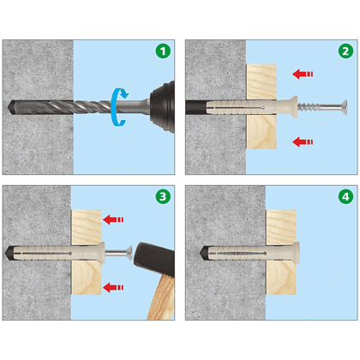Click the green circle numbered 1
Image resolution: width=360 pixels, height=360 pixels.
[x=163, y=51]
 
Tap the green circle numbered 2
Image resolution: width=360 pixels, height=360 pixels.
[x=345, y=51]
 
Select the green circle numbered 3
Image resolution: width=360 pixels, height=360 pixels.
[x=163, y=196]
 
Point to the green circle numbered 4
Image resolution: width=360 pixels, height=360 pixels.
[x=345, y=196]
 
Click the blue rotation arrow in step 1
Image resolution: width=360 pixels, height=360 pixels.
[x=113, y=107]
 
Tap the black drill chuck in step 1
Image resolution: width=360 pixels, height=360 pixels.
[x=163, y=106]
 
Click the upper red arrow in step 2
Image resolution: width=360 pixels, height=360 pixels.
[x=303, y=74]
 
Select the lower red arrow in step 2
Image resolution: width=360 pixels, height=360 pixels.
[x=303, y=141]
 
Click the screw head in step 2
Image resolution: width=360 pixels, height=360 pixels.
[x=344, y=107]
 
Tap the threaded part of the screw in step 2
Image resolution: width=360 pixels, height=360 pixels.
[x=308, y=107]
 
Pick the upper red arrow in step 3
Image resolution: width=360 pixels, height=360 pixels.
[x=113, y=219]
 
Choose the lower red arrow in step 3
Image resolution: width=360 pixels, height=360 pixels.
[x=113, y=287]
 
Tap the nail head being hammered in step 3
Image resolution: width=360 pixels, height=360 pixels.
[x=129, y=253]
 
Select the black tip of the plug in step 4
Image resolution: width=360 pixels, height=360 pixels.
[x=203, y=253]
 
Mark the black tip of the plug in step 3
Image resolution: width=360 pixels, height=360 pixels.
[x=9, y=253]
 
